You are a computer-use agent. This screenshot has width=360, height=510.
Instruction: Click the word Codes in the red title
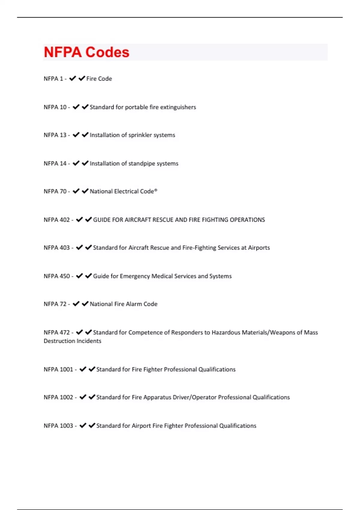(107, 52)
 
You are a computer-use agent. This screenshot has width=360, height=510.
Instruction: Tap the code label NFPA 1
(53, 79)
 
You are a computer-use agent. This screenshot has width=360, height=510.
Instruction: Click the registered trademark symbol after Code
(156, 190)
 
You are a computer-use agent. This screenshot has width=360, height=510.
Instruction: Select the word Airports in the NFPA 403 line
(259, 248)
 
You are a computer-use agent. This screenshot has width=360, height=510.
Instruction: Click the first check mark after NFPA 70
(76, 191)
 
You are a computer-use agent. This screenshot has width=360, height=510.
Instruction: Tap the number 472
(64, 332)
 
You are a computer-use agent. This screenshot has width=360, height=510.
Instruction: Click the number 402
(64, 220)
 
